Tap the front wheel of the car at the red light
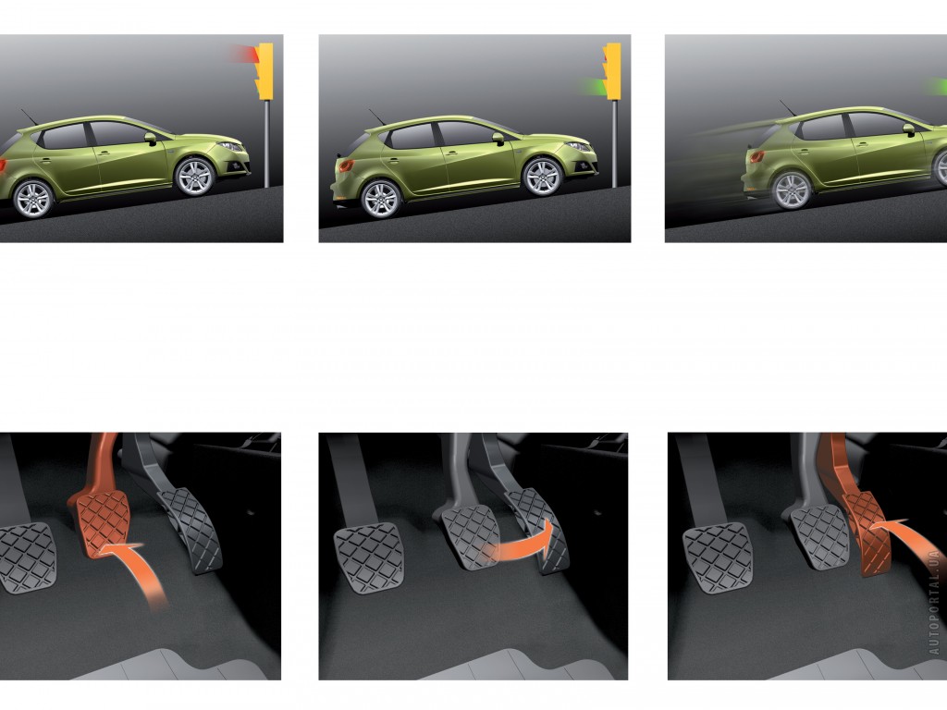(x=194, y=177)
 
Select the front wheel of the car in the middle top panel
(x=542, y=177)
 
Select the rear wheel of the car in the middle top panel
(x=381, y=199)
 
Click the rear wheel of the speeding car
(x=792, y=190)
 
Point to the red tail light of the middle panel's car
(x=346, y=165)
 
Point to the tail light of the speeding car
(x=757, y=157)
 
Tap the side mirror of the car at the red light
(x=151, y=139)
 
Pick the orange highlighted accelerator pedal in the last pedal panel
(x=867, y=532)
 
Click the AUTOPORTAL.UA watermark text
(x=935, y=601)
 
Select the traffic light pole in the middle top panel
(x=614, y=143)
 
